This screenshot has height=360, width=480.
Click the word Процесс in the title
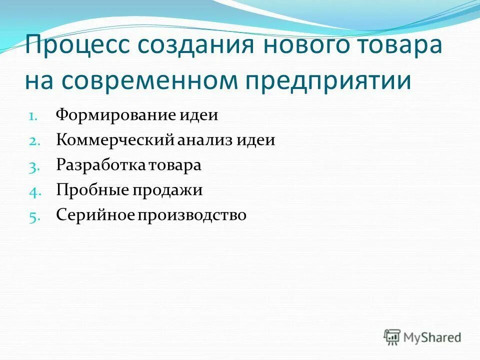75,46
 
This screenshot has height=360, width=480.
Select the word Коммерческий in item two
114,140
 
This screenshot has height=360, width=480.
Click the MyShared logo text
433,337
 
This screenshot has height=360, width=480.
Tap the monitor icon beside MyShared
392,337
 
